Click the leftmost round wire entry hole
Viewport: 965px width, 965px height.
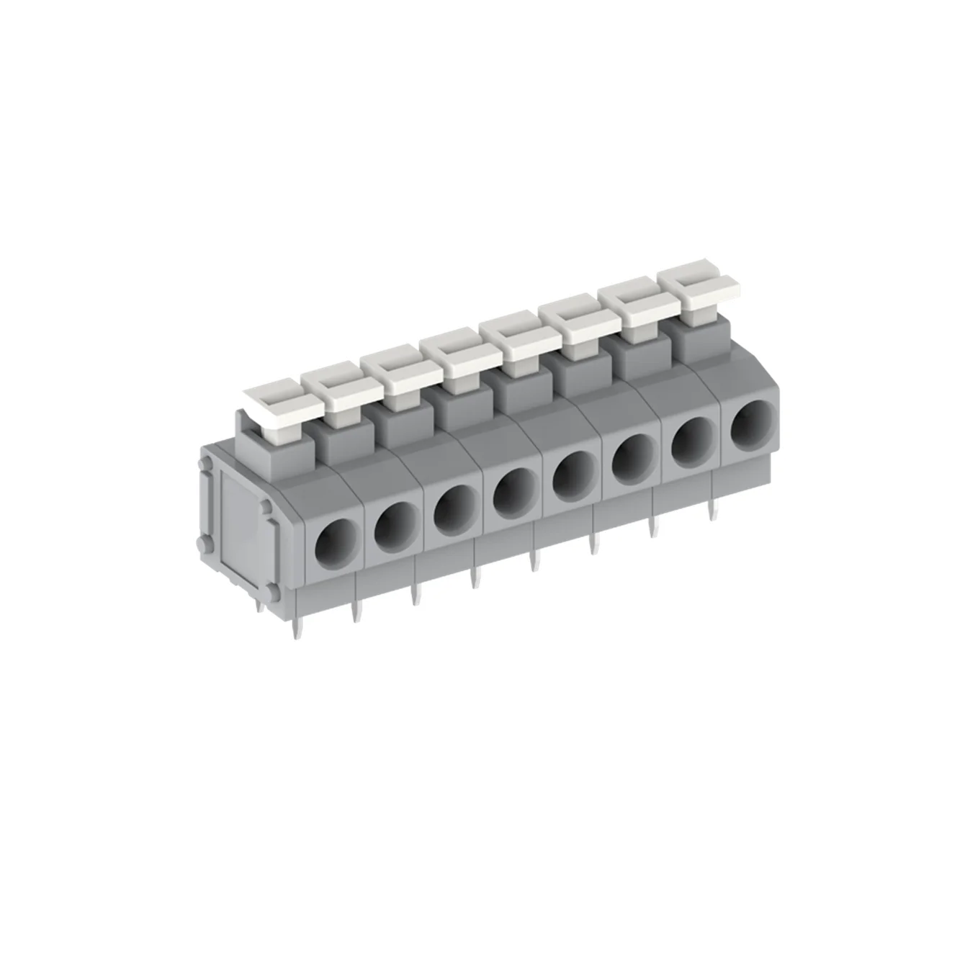pos(336,539)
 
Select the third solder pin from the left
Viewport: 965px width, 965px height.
pos(416,593)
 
